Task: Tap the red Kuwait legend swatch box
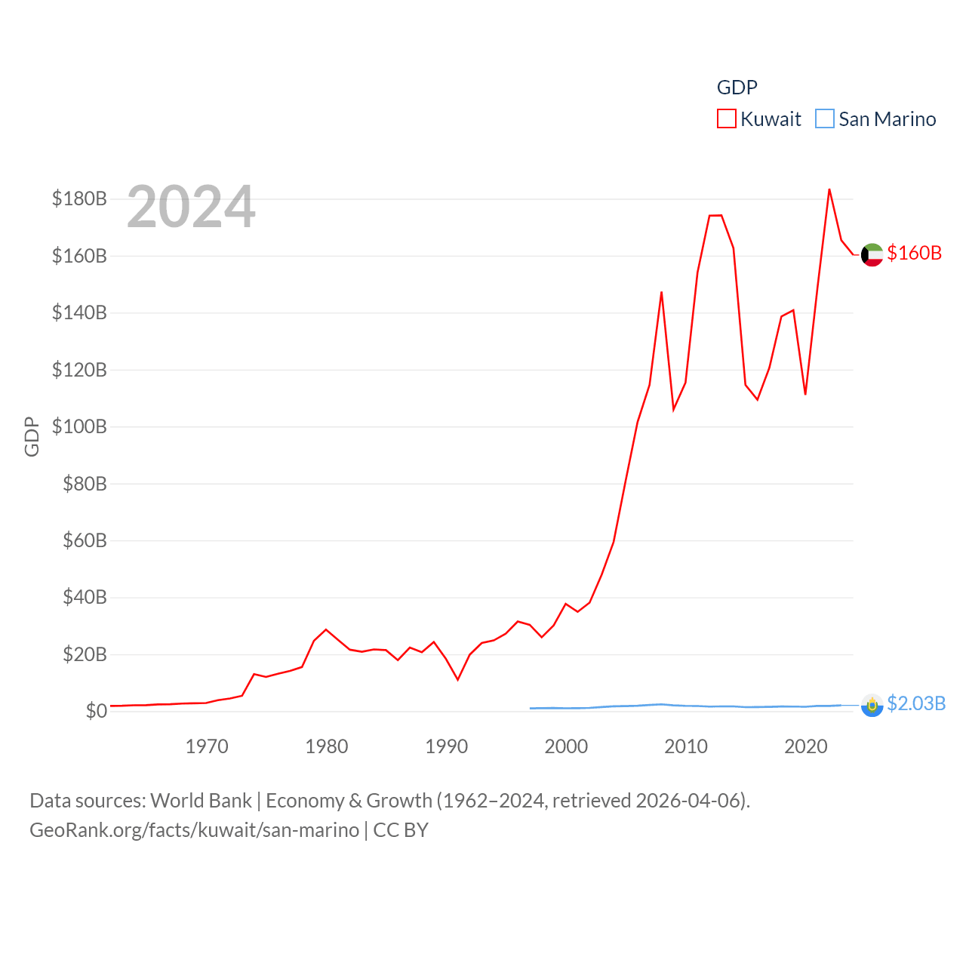point(726,119)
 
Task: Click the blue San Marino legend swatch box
point(825,119)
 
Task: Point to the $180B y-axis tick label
point(79,198)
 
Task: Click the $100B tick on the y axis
point(79,426)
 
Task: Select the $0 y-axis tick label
point(96,711)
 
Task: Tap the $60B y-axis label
point(85,540)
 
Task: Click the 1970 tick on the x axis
point(207,746)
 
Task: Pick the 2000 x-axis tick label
point(566,746)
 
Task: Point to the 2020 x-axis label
point(806,746)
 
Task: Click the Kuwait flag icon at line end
point(872,255)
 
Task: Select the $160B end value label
point(914,253)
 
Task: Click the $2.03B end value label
point(916,703)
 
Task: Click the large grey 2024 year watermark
point(191,207)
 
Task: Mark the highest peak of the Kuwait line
point(829,189)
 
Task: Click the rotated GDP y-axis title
point(32,436)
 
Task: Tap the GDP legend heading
point(737,88)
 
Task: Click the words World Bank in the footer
point(201,800)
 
